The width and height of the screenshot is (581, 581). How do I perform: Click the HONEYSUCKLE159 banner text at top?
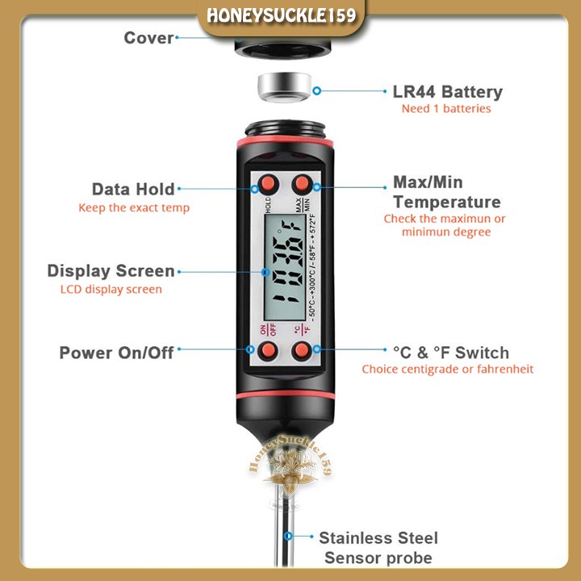[291, 17]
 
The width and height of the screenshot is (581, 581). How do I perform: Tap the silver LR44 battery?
[284, 89]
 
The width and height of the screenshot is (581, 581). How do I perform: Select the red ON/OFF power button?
[267, 350]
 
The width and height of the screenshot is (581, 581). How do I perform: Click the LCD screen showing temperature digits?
[284, 267]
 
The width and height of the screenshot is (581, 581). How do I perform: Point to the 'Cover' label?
[148, 38]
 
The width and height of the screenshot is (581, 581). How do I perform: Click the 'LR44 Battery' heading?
[447, 92]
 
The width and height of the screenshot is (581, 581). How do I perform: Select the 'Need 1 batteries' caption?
[445, 109]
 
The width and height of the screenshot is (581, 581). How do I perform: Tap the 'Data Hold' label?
[133, 190]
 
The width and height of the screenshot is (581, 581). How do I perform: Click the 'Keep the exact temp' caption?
[134, 208]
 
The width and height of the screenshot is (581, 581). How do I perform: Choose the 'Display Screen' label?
[111, 271]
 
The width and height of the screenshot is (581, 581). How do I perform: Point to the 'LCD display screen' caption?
[111, 289]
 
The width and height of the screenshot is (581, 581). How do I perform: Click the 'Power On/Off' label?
[116, 353]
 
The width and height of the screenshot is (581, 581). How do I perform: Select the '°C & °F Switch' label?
[450, 353]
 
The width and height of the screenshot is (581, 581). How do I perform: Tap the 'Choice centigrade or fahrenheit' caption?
[447, 370]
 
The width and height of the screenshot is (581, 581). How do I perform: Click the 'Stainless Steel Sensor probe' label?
[378, 547]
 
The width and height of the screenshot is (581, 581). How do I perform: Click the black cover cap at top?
[284, 48]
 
